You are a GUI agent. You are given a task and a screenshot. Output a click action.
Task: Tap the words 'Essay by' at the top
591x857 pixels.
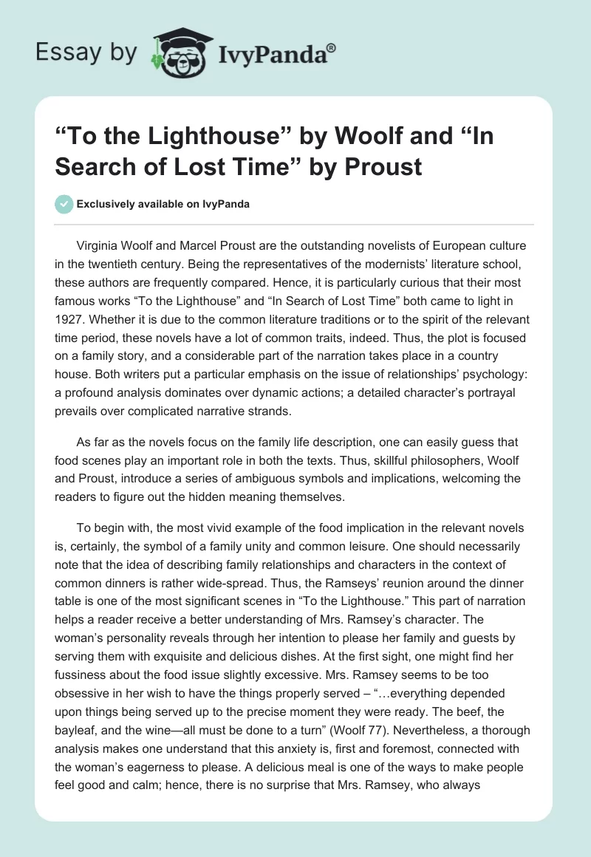pos(87,52)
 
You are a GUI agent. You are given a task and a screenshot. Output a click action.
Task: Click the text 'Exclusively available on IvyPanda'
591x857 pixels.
pos(162,205)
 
